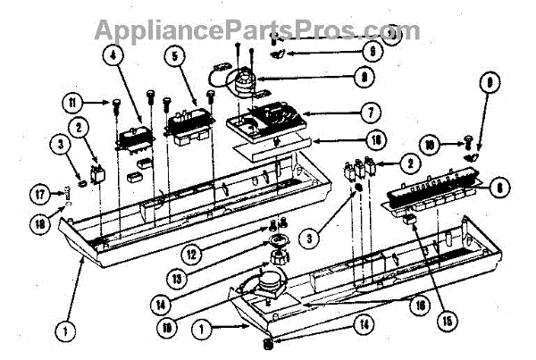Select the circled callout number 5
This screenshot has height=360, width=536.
pos(174,54)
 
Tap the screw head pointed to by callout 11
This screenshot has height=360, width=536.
pos(117,104)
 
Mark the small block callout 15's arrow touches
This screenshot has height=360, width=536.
pos(411,216)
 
